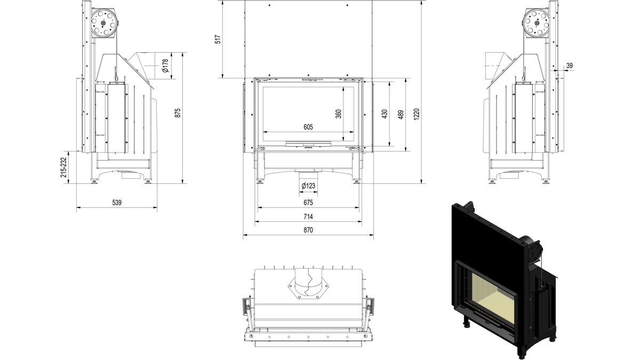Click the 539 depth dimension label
tap(117, 203)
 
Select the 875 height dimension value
tap(178, 113)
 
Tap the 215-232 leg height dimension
tap(63, 167)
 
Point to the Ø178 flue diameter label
tap(165, 66)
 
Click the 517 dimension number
tap(218, 39)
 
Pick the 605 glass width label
tap(308, 127)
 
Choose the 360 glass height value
tap(339, 114)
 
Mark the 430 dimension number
tap(385, 114)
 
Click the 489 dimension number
tap(401, 115)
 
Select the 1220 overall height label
tap(417, 114)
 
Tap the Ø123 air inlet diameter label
tap(308, 186)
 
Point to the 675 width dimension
tap(308, 203)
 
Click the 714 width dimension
tap(308, 217)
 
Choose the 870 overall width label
tap(308, 230)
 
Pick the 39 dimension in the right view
tap(570, 66)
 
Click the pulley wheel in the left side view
tap(103, 22)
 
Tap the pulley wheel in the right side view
tap(537, 22)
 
